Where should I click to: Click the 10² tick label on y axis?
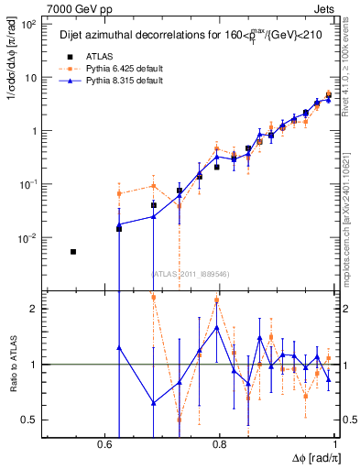[x=27, y=25]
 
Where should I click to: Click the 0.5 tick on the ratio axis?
[x=29, y=420]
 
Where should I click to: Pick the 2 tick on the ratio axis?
[x=33, y=309]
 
